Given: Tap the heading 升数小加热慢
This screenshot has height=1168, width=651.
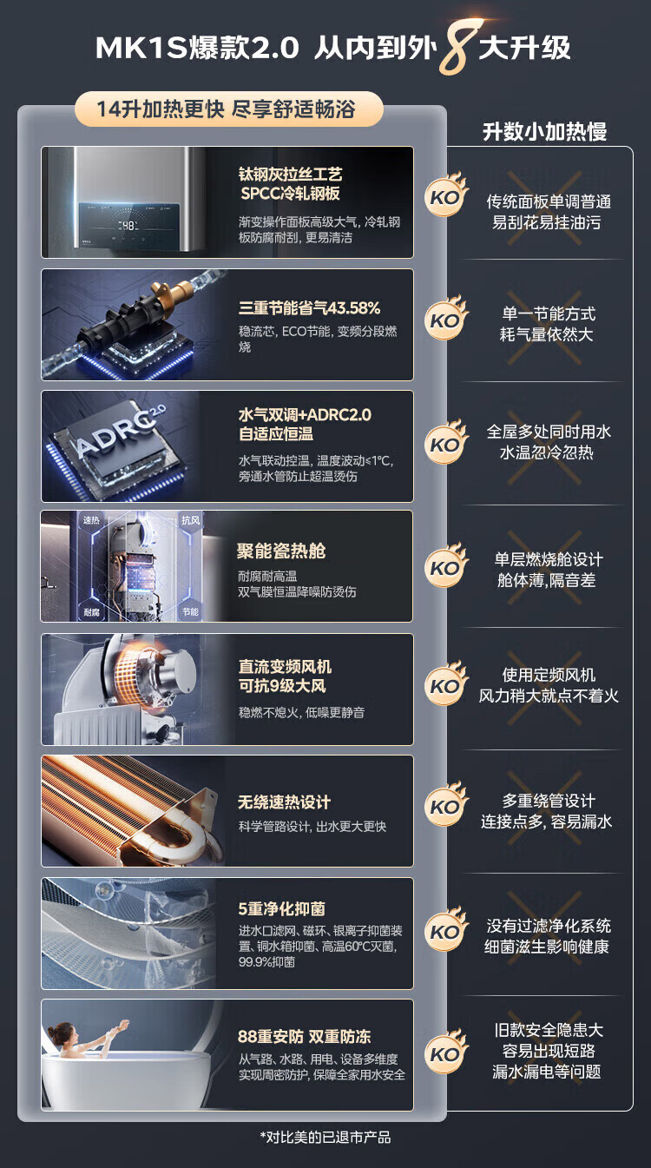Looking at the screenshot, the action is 545,131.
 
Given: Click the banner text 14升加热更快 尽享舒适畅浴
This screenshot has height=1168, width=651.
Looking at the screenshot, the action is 227,109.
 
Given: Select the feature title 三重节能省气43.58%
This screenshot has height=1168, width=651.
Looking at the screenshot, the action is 310,308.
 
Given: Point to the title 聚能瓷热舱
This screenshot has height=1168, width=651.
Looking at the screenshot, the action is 281,551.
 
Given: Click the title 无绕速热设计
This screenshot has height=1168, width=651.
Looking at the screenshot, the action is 284,802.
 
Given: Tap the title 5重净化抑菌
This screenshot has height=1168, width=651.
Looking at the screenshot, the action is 282,909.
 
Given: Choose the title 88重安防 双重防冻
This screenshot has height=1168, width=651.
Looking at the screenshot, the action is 305,1036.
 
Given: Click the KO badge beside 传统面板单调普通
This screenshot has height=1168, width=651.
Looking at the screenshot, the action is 446,195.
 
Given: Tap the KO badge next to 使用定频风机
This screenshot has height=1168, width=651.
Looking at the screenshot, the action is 446,683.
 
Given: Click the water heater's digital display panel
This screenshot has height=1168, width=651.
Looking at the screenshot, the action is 129,225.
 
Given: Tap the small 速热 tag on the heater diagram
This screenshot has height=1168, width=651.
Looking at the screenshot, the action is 91,520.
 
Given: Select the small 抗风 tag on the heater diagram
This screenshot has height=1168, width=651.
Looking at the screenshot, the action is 190,520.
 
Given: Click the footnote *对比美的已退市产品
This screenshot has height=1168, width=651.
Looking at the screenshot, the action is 325,1138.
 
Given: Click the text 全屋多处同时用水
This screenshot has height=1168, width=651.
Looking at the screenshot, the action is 549,432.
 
